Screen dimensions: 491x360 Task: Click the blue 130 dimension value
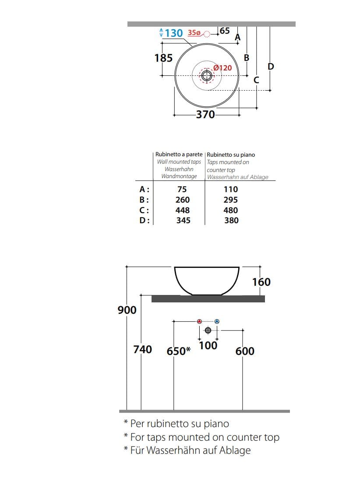point(174,33)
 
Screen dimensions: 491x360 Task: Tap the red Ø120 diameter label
point(222,68)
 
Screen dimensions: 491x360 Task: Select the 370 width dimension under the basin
point(205,115)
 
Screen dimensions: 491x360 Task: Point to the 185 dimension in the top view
point(163,58)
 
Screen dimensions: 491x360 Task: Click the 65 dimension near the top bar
point(224,31)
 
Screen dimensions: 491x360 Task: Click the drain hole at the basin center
point(207,76)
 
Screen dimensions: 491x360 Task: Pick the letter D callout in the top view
point(271,67)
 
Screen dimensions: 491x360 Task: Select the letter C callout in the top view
point(257,81)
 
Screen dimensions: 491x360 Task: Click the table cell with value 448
point(182,210)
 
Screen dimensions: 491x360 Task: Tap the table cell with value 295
point(231,200)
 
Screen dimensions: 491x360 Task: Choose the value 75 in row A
point(182,189)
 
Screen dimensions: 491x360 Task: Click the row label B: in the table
point(145,200)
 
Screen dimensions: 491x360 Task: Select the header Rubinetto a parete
point(179,154)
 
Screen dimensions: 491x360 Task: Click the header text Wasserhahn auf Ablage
point(237,177)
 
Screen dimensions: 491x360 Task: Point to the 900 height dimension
point(127,310)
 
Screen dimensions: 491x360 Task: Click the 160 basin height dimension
point(261,282)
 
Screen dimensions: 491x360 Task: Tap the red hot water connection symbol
point(200,322)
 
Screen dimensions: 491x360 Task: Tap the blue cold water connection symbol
point(217,322)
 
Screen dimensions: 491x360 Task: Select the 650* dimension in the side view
point(178,351)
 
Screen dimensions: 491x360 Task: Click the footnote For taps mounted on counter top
point(205,437)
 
